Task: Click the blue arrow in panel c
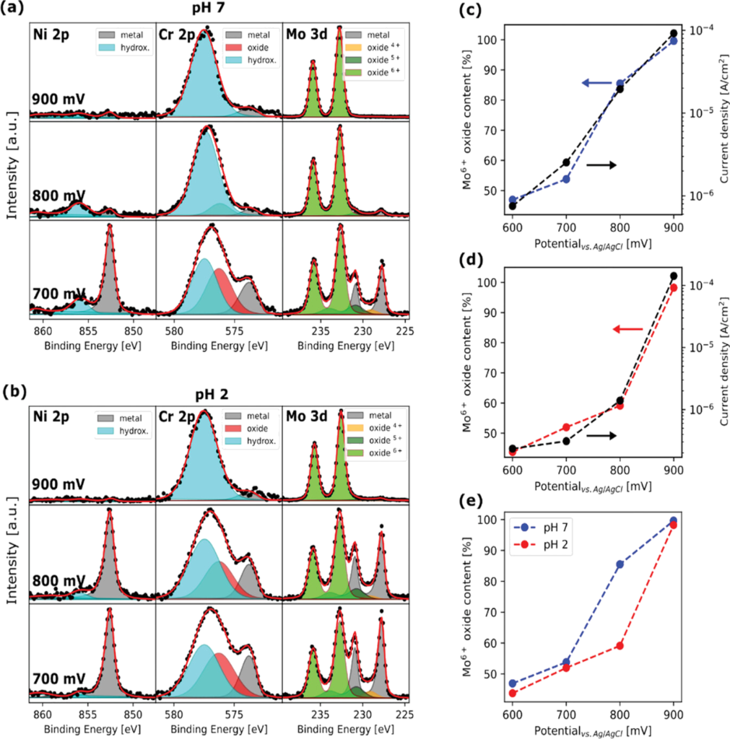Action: pos(595,84)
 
